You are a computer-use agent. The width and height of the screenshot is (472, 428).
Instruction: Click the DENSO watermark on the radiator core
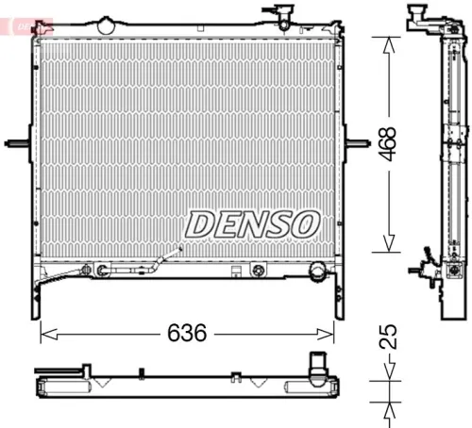(x=251, y=224)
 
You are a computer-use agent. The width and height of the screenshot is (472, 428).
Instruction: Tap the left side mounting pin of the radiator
(x=17, y=143)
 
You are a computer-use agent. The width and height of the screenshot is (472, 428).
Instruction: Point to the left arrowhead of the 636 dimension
(x=42, y=334)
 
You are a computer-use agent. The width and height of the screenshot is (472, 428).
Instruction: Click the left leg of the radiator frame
(x=38, y=297)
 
